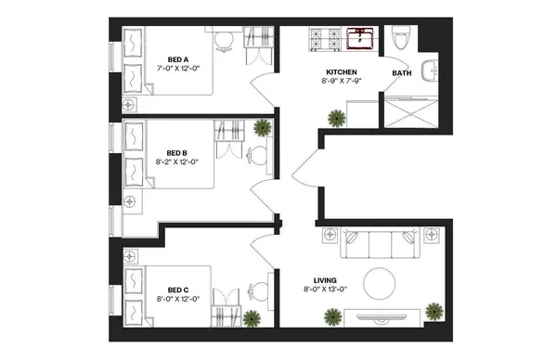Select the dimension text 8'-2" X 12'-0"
[177, 161]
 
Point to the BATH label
[402, 71]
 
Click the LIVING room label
[324, 279]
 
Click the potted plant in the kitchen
[334, 118]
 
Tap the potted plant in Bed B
[263, 128]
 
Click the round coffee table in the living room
[381, 281]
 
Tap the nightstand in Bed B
[129, 200]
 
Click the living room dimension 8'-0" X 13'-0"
[324, 289]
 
